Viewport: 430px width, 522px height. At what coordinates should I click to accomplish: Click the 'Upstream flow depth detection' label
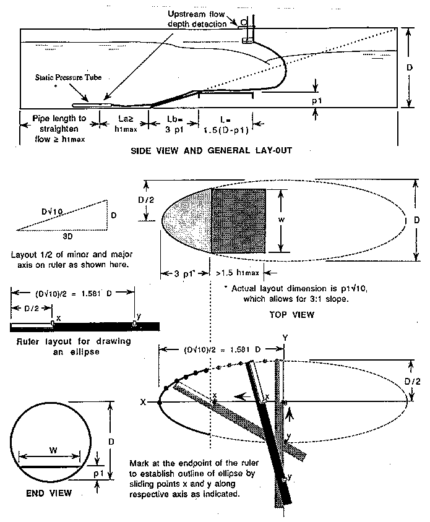click(x=198, y=19)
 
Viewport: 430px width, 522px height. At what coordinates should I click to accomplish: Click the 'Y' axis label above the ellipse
click(x=285, y=338)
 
